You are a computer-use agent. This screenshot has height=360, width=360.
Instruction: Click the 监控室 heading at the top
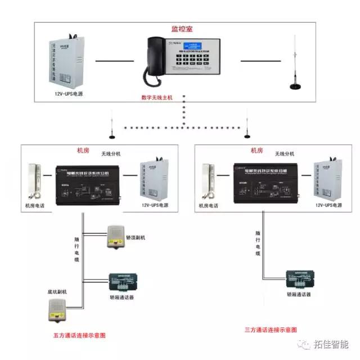point(182,27)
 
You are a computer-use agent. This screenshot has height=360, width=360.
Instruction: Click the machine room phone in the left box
point(35,181)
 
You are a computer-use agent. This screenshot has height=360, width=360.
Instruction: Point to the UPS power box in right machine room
point(327,180)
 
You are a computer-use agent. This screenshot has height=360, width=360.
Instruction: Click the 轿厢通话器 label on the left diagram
point(123,296)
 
